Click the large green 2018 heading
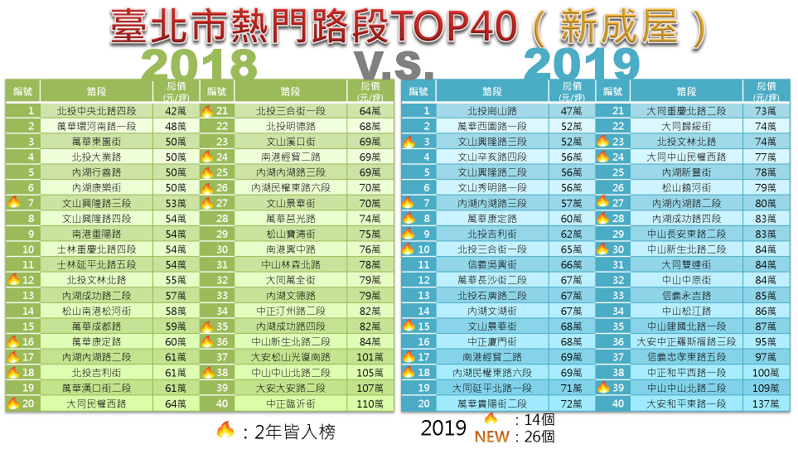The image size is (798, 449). click(200, 62)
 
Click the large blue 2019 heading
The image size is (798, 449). click(582, 62)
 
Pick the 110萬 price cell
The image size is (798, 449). click(369, 403)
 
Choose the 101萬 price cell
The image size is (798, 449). click(369, 356)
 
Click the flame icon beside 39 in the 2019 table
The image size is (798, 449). click(603, 388)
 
